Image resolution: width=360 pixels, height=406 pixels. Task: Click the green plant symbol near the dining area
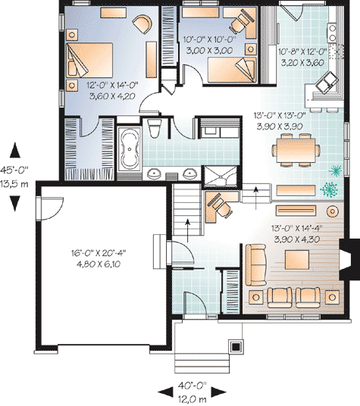coord(330,189)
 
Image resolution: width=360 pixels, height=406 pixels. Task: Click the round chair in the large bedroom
coord(141,24)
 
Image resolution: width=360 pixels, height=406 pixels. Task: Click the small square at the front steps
coord(236,346)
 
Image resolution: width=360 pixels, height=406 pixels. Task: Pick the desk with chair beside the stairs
coord(220,205)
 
